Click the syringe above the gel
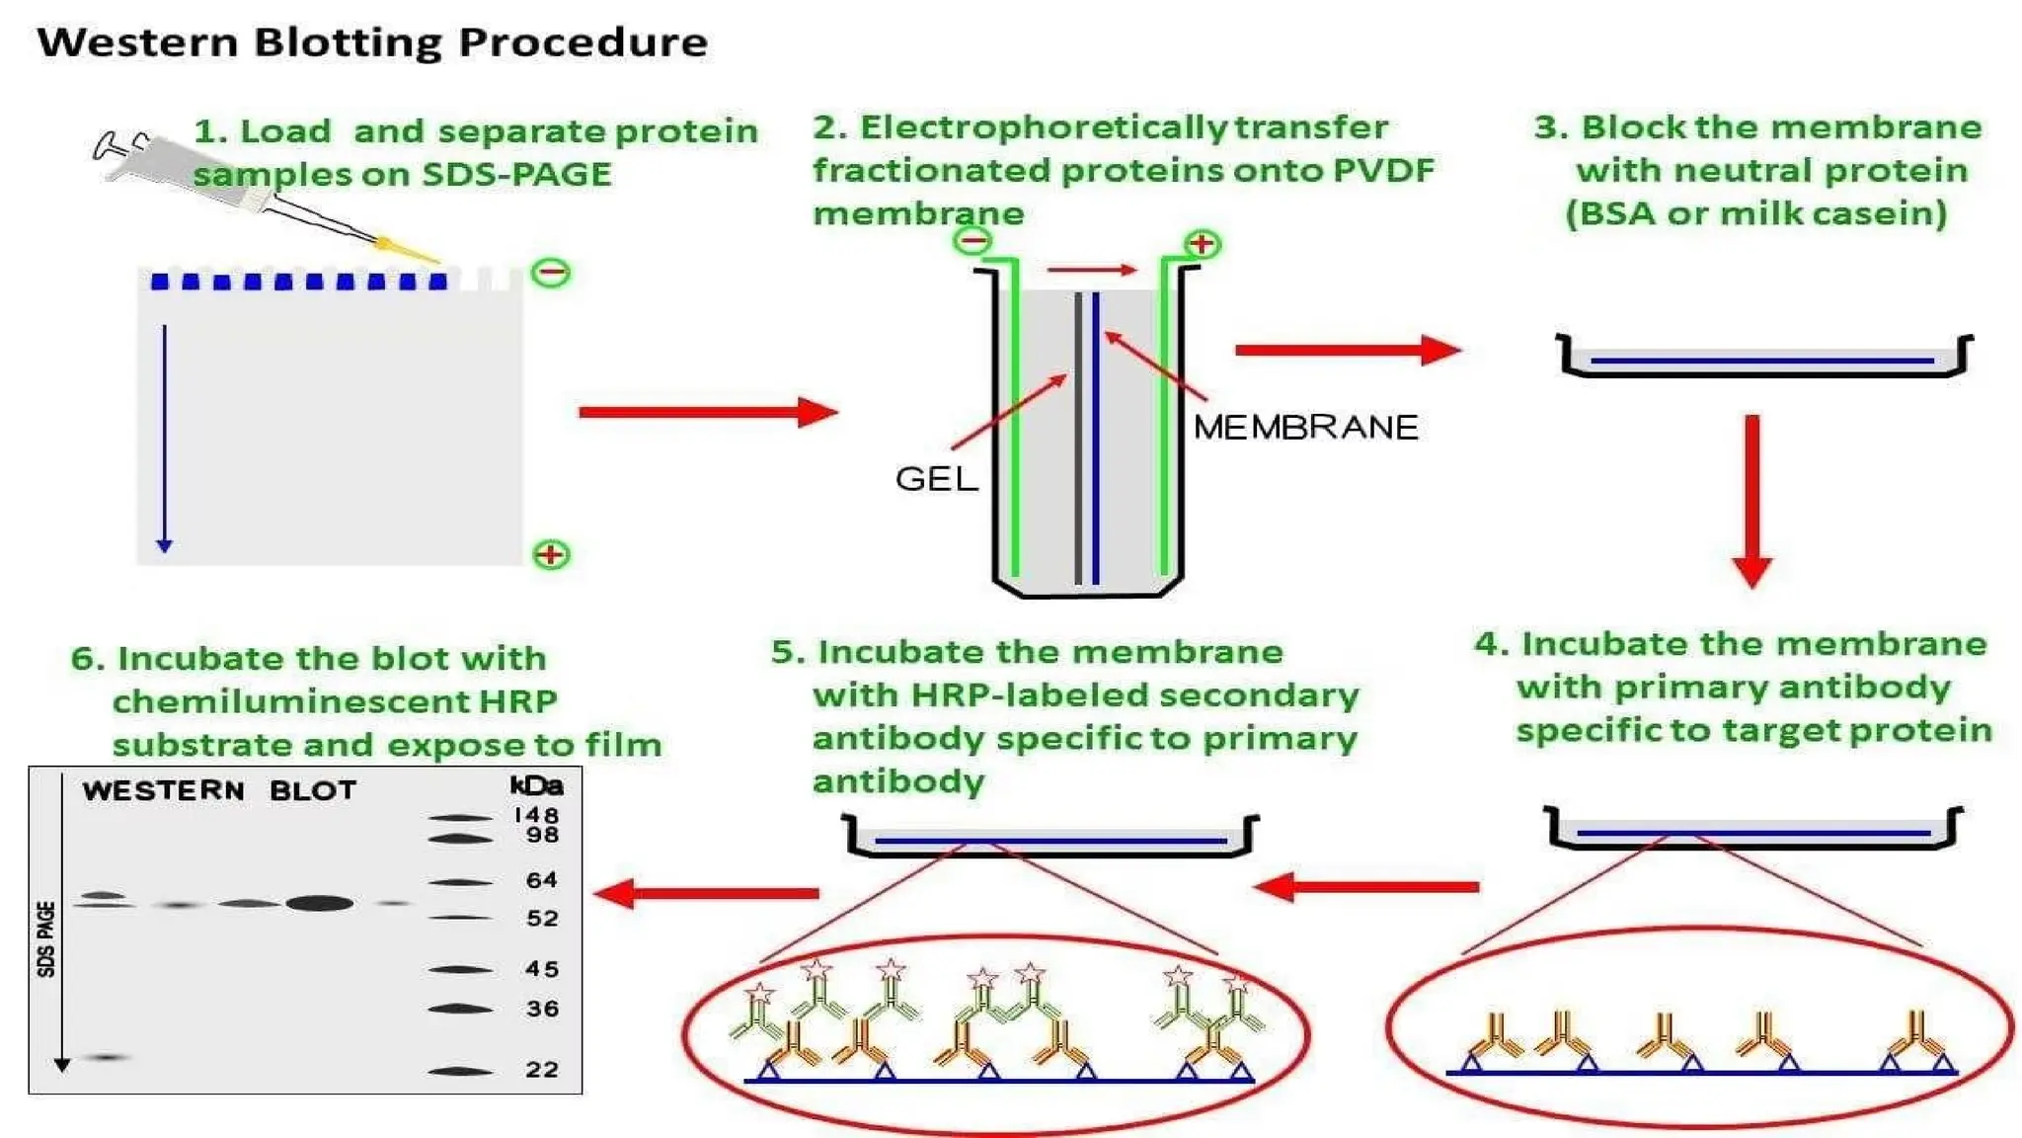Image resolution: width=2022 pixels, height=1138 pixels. click(188, 173)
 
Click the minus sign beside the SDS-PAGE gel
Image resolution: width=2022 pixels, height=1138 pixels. click(551, 273)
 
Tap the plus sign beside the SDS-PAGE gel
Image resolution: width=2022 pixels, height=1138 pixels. click(551, 554)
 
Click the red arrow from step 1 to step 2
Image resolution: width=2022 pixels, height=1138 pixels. click(706, 412)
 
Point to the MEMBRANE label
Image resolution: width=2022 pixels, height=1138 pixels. click(1305, 428)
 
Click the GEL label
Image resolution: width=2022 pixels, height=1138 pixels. click(936, 479)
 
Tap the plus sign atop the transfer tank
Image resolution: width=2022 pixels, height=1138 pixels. click(1202, 243)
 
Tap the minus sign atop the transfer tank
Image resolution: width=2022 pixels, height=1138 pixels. click(973, 240)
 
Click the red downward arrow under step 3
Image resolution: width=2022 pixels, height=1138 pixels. click(1752, 499)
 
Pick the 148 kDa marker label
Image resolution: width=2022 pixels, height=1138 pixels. click(536, 815)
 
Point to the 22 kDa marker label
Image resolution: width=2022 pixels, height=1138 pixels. click(542, 1069)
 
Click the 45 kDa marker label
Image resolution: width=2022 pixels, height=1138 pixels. click(542, 969)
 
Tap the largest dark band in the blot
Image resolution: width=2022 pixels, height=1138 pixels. click(319, 903)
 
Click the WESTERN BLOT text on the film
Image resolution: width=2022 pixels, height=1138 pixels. click(219, 790)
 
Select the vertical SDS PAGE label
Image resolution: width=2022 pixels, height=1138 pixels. click(46, 938)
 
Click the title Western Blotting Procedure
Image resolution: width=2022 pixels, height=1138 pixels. click(372, 42)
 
